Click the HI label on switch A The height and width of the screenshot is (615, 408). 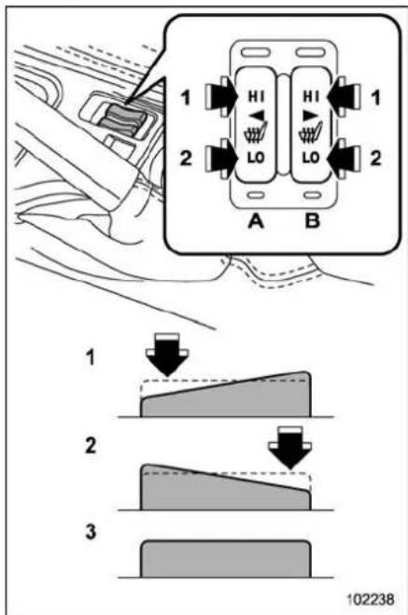256,96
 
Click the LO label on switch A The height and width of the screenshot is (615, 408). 256,158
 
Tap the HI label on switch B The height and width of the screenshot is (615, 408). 311,96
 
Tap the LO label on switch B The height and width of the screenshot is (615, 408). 311,158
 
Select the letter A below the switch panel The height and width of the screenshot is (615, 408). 256,221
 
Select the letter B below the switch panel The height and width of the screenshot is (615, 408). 312,221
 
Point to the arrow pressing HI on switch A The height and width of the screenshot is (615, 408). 221,96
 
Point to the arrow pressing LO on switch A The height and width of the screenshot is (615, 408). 221,158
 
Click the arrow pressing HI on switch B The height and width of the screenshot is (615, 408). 344,96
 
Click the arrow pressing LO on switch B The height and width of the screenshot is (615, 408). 344,158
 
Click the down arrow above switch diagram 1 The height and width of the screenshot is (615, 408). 167,355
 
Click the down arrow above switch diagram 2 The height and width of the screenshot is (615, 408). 290,448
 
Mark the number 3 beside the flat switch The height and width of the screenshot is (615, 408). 91,532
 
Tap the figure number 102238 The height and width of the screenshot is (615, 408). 371,599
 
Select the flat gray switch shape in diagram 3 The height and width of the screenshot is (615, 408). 226,559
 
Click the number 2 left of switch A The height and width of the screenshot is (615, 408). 186,158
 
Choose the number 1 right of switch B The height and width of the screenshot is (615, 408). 376,97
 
